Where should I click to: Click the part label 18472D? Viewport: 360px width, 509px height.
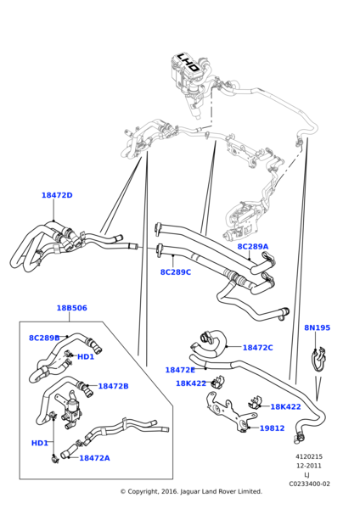tap(57, 195)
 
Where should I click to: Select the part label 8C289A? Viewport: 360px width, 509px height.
tap(253, 247)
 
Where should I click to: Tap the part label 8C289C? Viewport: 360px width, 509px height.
tap(176, 272)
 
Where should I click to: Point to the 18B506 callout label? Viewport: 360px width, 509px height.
tap(72, 308)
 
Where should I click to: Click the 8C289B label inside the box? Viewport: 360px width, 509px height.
tap(44, 338)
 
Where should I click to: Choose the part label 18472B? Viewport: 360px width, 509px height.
tap(114, 386)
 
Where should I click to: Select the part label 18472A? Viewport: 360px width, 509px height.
tap(94, 458)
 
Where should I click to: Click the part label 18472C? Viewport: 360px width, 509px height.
tap(258, 348)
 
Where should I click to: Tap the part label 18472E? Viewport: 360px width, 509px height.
tap(180, 370)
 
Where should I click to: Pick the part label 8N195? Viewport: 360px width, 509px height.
tap(317, 327)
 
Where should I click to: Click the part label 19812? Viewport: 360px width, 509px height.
tap(272, 428)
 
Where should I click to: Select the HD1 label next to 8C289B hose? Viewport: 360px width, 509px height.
tap(86, 357)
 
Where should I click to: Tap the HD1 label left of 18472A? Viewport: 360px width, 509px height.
tap(40, 443)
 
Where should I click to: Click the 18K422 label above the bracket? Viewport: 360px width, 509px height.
tap(191, 383)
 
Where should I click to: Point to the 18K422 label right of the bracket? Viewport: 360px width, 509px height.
tap(285, 407)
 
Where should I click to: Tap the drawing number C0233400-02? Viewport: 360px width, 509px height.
tap(309, 484)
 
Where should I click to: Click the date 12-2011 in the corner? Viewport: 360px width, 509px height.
tap(309, 466)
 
